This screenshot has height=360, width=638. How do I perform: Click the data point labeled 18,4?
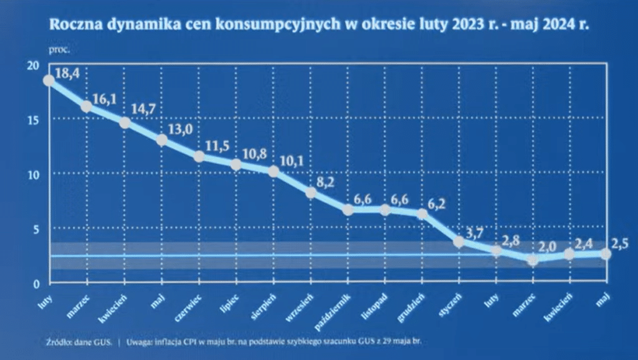(x=49, y=80)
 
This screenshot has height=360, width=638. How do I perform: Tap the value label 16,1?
(x=106, y=98)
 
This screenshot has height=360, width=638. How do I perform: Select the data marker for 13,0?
(x=161, y=140)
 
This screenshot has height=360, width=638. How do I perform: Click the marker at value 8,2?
(x=311, y=193)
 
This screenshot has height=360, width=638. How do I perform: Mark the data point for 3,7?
(x=460, y=242)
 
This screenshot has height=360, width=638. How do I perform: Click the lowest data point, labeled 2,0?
(x=533, y=260)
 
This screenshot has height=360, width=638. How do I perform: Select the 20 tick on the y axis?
(x=33, y=65)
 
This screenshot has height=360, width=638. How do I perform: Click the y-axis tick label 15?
(x=33, y=120)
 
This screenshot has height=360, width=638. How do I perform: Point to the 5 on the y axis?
(x=36, y=229)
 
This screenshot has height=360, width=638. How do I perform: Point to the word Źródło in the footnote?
(x=59, y=342)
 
